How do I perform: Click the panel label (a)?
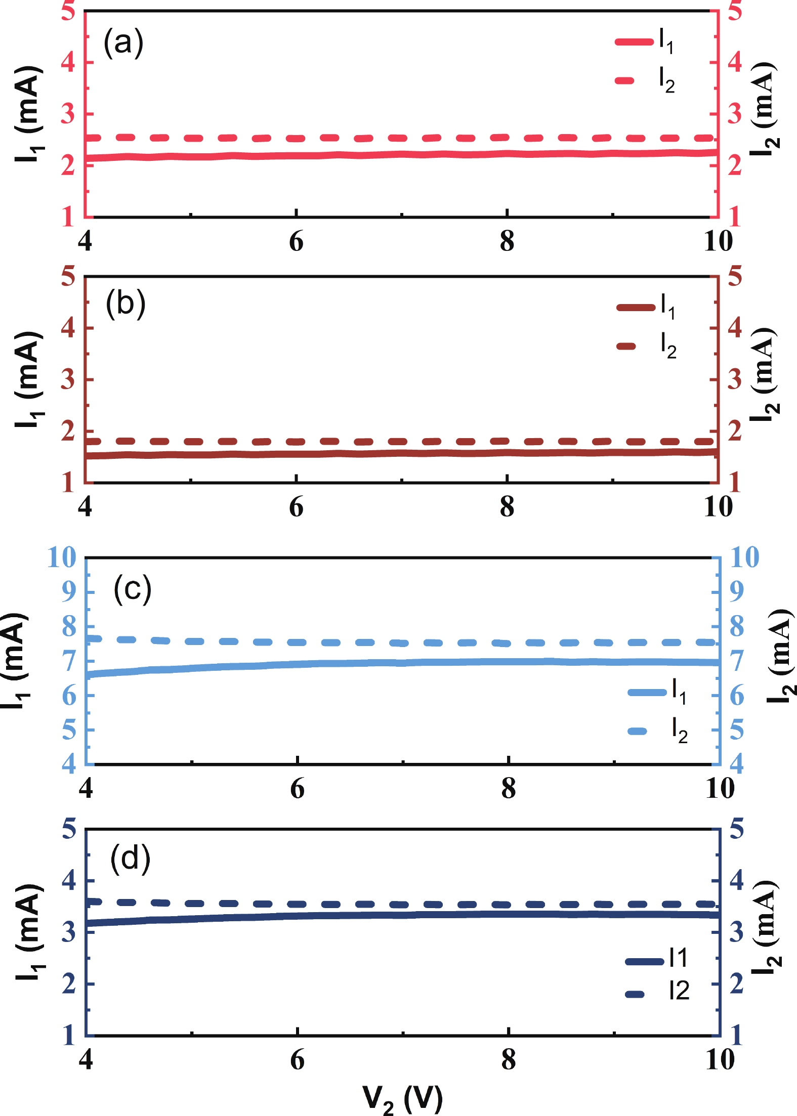(x=123, y=42)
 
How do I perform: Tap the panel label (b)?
(x=125, y=305)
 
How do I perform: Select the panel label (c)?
(x=132, y=589)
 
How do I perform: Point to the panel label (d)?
(x=130, y=859)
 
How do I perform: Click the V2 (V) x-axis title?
(x=402, y=1099)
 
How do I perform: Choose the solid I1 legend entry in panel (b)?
(x=646, y=307)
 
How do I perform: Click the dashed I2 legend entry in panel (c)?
(x=657, y=731)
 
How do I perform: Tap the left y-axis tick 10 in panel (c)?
(x=61, y=557)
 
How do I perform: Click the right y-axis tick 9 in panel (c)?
(x=737, y=591)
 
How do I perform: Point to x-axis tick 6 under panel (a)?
(x=296, y=242)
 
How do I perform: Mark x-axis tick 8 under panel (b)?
(x=507, y=507)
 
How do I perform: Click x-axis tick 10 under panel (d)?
(x=720, y=1059)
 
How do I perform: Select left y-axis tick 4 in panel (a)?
(x=68, y=62)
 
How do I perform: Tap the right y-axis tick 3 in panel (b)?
(x=735, y=379)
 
